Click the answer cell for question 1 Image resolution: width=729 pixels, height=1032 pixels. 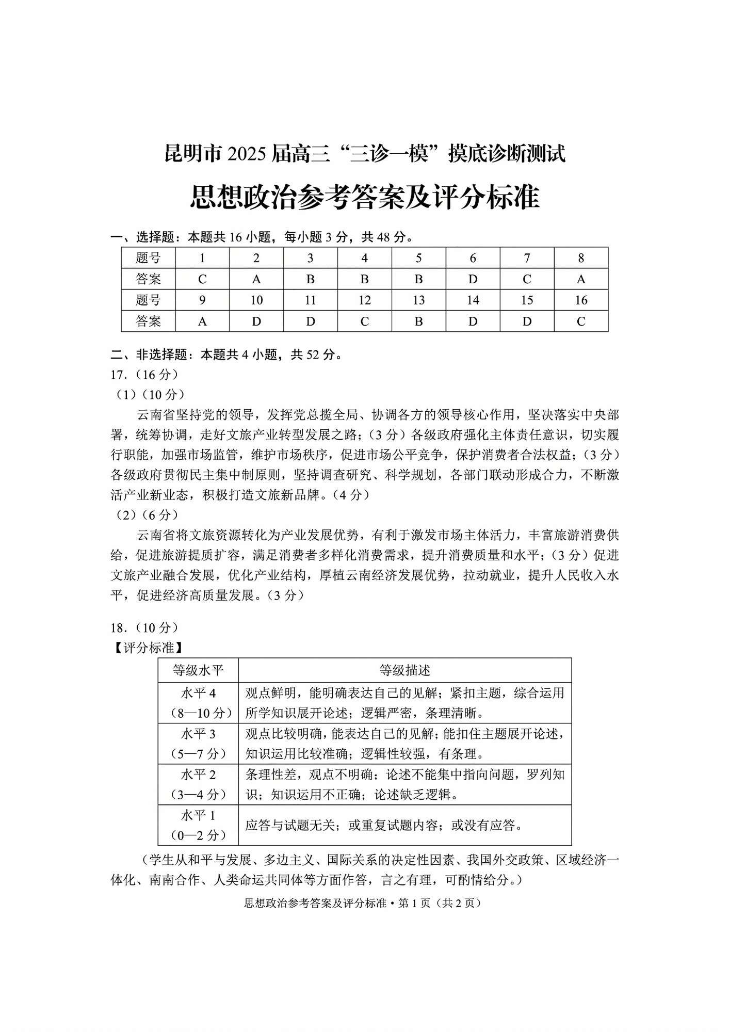[x=202, y=279]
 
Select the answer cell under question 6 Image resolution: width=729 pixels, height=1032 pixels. [x=473, y=279]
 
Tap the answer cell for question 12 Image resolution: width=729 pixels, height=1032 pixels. [x=364, y=321]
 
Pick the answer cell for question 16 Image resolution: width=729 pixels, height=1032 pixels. [x=581, y=321]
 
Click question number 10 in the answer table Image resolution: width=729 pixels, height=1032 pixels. [x=256, y=300]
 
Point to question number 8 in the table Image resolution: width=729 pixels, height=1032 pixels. [x=581, y=258]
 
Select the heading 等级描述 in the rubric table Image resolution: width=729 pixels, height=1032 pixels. [x=404, y=670]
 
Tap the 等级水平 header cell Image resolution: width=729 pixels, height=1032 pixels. [x=198, y=670]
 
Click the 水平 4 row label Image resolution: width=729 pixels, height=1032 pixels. [x=198, y=693]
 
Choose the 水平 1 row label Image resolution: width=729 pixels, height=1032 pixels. [x=198, y=815]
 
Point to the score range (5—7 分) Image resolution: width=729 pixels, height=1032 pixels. [x=198, y=754]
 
